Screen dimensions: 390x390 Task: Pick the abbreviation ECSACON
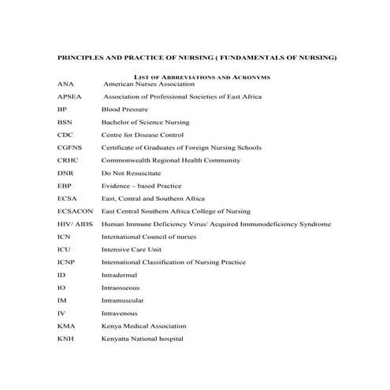[75, 211]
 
